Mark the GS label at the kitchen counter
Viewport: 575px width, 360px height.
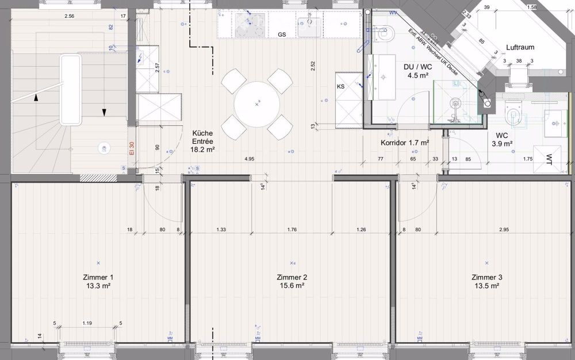pyautogui.click(x=282, y=35)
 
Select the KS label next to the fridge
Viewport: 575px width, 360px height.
pyautogui.click(x=341, y=86)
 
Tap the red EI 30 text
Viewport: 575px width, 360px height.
pyautogui.click(x=131, y=149)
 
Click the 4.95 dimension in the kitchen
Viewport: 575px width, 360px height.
pyautogui.click(x=249, y=158)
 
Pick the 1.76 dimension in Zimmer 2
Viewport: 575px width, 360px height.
pyautogui.click(x=292, y=230)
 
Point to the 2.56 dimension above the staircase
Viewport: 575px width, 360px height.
pyautogui.click(x=70, y=16)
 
